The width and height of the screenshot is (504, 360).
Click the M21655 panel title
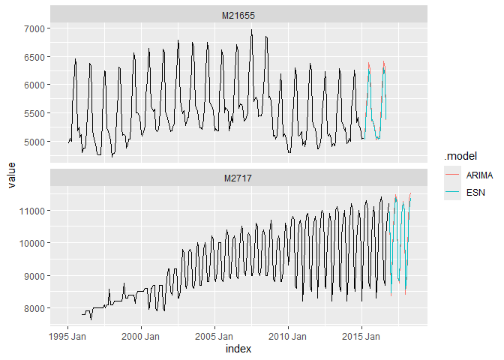tap(238, 14)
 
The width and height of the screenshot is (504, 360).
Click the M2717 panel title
tap(238, 178)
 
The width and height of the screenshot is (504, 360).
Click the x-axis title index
tap(238, 349)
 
